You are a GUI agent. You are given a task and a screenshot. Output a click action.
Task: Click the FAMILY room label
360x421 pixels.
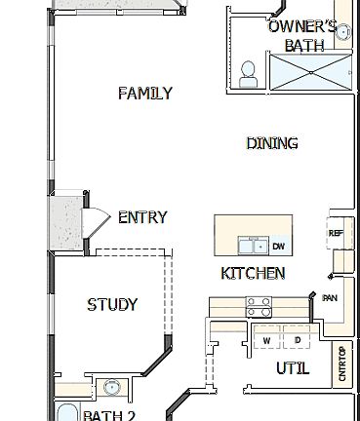145,94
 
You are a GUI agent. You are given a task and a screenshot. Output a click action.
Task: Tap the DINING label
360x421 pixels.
272,143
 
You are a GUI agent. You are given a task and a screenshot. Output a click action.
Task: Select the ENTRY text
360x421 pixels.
142,217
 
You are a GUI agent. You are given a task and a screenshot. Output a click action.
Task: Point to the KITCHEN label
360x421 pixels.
254,273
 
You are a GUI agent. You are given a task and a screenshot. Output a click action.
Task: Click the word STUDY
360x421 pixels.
112,305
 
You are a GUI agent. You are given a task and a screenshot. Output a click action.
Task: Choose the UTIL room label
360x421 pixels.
292,368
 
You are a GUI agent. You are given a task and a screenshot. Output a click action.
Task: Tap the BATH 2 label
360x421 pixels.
109,415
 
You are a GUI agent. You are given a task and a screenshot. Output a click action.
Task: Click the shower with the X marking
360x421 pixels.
308,72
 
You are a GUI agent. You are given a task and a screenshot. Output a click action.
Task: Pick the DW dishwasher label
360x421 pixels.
279,246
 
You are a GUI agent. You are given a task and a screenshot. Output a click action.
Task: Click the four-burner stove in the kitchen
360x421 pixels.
260,307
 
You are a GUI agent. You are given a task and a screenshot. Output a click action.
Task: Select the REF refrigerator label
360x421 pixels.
335,233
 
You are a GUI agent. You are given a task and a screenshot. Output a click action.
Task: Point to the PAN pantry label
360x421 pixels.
330,297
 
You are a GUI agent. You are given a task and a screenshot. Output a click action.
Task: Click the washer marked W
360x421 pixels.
266,340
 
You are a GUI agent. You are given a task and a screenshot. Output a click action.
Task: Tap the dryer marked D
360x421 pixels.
298,340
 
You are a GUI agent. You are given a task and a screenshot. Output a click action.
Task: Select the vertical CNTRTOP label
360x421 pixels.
341,364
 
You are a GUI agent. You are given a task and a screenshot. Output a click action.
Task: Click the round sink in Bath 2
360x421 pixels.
112,388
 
